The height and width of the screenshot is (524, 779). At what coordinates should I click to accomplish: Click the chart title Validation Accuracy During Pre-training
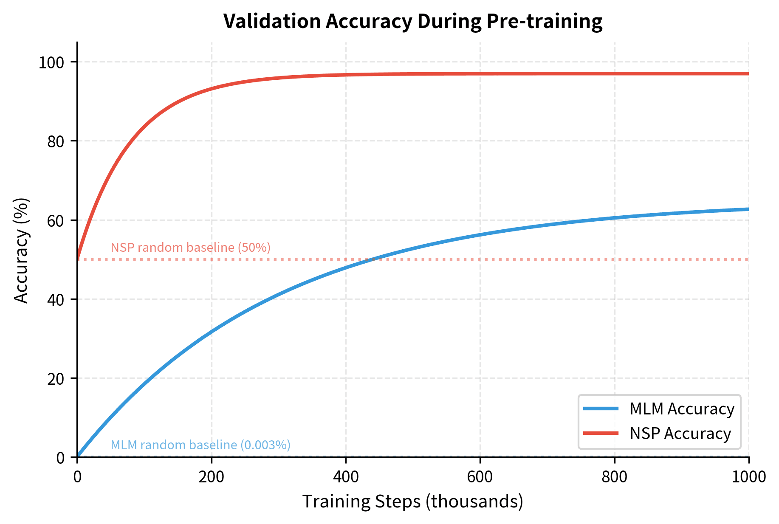(x=412, y=21)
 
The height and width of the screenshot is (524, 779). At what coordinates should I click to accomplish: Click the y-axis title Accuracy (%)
(x=21, y=251)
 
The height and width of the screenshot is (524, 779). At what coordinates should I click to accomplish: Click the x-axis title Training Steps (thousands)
(x=412, y=501)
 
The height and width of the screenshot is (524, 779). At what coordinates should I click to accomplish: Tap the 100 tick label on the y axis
(x=51, y=63)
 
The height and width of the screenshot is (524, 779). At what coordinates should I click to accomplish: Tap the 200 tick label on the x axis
(x=211, y=477)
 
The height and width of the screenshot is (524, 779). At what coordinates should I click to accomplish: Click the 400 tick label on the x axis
(x=346, y=477)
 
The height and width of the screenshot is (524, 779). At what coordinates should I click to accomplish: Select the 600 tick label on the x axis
(x=480, y=477)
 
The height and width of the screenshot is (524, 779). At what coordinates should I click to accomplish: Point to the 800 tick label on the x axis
(x=615, y=477)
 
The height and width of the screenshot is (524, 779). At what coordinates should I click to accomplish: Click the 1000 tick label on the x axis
(x=748, y=477)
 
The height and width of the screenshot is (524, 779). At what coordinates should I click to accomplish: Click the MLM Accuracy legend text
(x=682, y=409)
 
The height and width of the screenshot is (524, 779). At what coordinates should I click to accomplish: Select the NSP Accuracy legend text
(x=680, y=434)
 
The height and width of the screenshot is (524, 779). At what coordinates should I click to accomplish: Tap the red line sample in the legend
(x=601, y=433)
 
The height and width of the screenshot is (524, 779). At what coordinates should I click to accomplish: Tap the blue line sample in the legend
(x=601, y=408)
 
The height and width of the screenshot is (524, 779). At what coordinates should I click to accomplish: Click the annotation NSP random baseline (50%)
(x=190, y=248)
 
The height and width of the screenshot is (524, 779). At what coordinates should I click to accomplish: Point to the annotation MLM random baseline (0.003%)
(x=200, y=445)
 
